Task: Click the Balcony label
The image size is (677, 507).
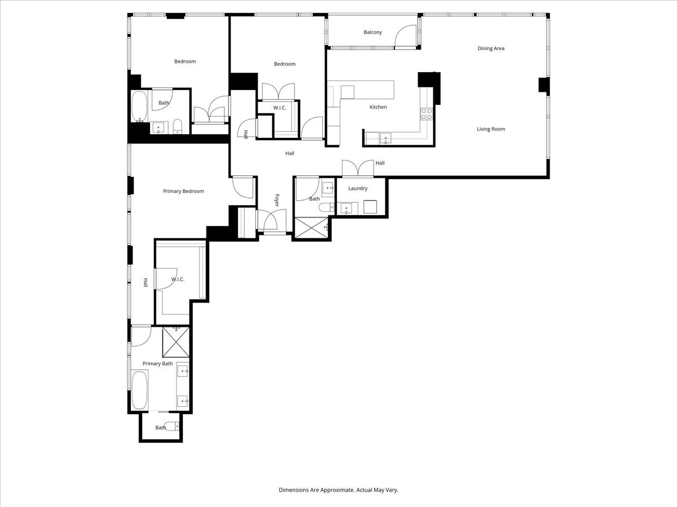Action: [x=372, y=32]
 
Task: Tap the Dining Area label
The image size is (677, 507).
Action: [x=491, y=48]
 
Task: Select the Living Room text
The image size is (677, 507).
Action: [x=491, y=129]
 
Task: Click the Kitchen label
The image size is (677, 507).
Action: [x=378, y=107]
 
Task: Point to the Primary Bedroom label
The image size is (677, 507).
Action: [x=183, y=192]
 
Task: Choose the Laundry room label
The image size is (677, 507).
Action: [x=358, y=188]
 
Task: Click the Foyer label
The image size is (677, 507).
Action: [x=277, y=201]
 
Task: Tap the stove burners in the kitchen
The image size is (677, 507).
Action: [x=427, y=114]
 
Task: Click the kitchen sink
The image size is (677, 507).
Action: [x=386, y=137]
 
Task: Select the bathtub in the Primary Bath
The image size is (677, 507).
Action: [x=139, y=389]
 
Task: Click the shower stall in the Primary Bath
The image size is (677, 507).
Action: [x=175, y=341]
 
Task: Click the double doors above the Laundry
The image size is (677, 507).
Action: [x=358, y=168]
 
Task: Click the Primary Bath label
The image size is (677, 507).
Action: [x=157, y=364]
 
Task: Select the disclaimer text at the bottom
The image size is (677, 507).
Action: [x=338, y=490]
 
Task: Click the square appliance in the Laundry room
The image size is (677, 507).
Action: [x=371, y=207]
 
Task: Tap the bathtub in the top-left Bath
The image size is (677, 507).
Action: [x=139, y=106]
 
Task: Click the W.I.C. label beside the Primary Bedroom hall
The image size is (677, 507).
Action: [x=178, y=279]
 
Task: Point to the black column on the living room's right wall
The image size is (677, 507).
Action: [x=544, y=85]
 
